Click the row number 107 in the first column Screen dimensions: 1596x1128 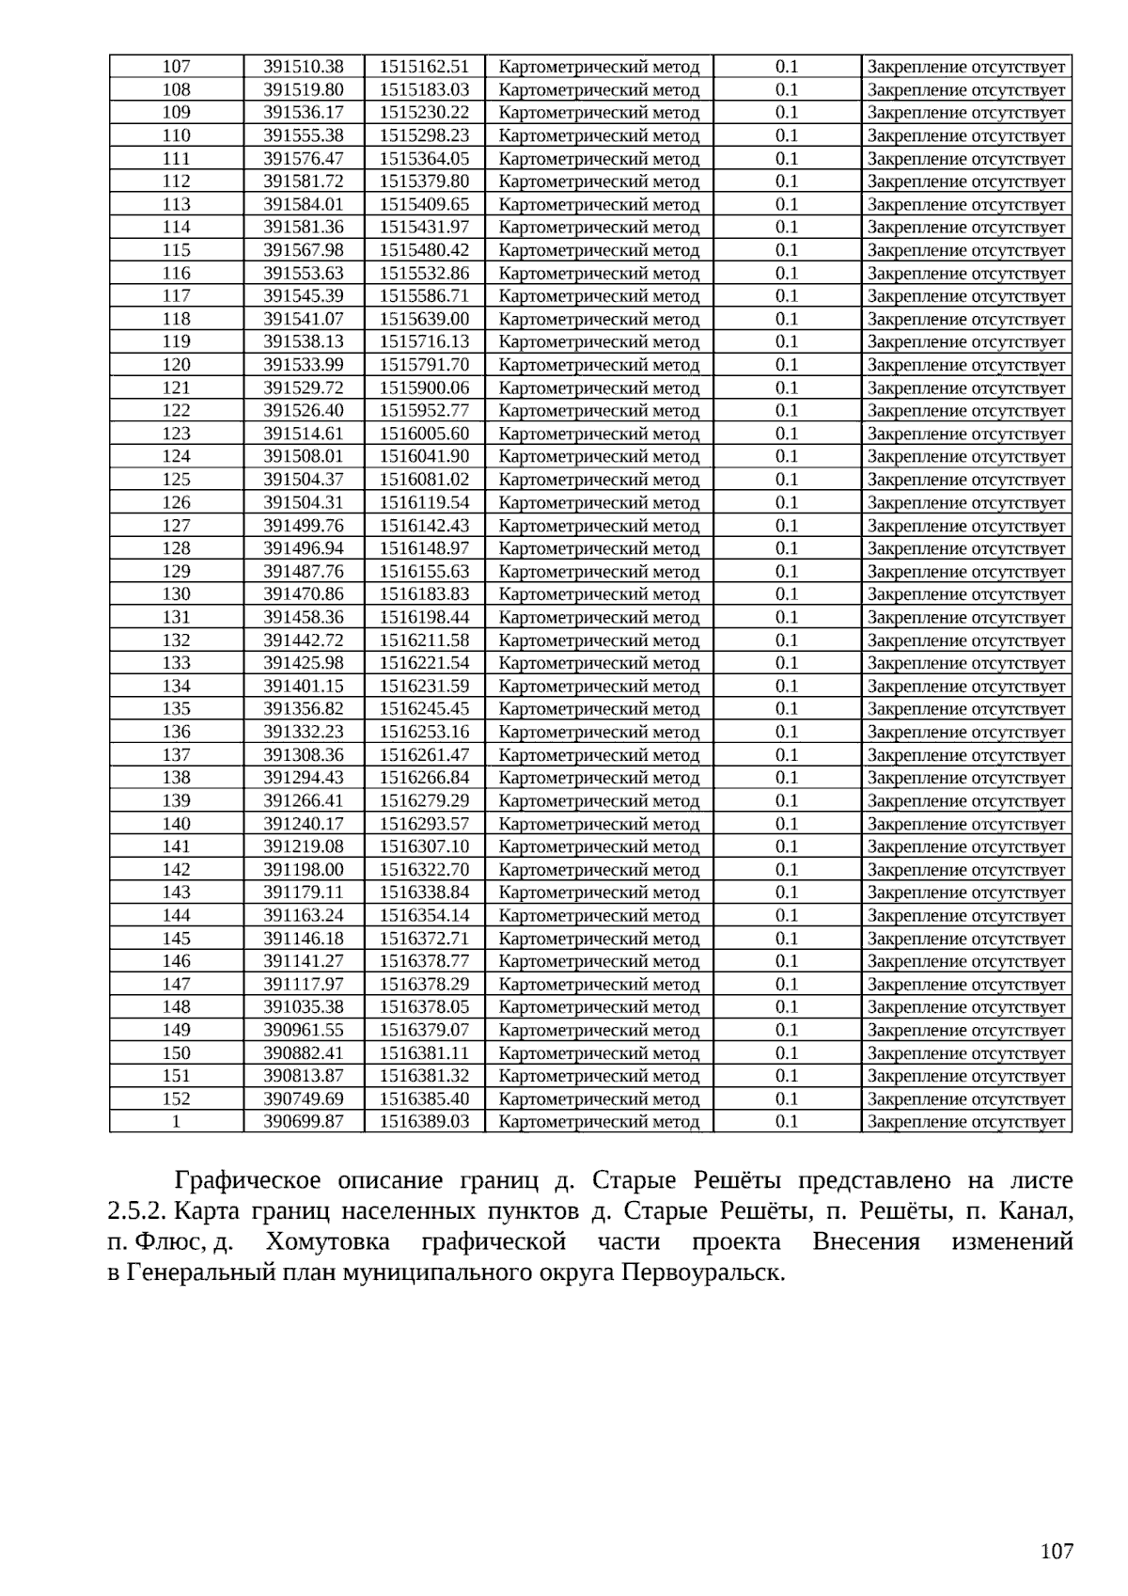tap(176, 67)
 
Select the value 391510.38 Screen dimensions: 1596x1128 tap(303, 67)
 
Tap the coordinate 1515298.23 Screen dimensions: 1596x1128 tap(424, 135)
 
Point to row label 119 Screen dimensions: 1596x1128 tap(176, 341)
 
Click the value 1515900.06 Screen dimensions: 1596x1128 tap(424, 387)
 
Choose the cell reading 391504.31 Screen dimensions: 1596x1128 tap(303, 502)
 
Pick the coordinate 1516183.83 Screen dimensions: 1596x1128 tap(424, 594)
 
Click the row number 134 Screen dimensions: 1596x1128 tap(176, 687)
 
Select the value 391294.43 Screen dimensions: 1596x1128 tap(303, 778)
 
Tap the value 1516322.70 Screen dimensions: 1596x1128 tap(424, 870)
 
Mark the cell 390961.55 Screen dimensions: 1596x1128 tap(303, 1030)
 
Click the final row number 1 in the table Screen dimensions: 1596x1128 tap(176, 1122)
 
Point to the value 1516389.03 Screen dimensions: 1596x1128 tap(424, 1122)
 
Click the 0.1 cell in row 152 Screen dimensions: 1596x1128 tap(787, 1098)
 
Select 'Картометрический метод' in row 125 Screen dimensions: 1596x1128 tap(599, 480)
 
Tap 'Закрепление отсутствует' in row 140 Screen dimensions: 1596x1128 tap(966, 824)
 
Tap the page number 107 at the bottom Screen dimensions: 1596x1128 tap(1057, 1552)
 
